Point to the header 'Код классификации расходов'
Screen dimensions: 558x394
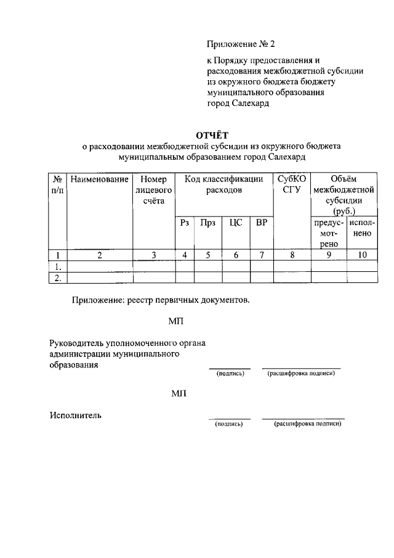[224, 185]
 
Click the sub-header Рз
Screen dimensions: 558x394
[184, 223]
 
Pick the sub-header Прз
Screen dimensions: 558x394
[207, 223]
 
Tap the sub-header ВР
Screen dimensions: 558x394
[261, 223]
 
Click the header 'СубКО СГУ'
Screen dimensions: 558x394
[292, 185]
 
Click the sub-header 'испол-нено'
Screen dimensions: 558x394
[362, 228]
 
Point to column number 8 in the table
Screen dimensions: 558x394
[292, 255]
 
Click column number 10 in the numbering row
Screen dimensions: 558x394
[362, 255]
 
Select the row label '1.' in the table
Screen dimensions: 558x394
[58, 266]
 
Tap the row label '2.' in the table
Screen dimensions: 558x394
[58, 278]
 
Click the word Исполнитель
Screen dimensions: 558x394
[76, 416]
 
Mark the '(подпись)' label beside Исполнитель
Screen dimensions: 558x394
[229, 424]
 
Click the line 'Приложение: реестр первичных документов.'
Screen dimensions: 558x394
[161, 300]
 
